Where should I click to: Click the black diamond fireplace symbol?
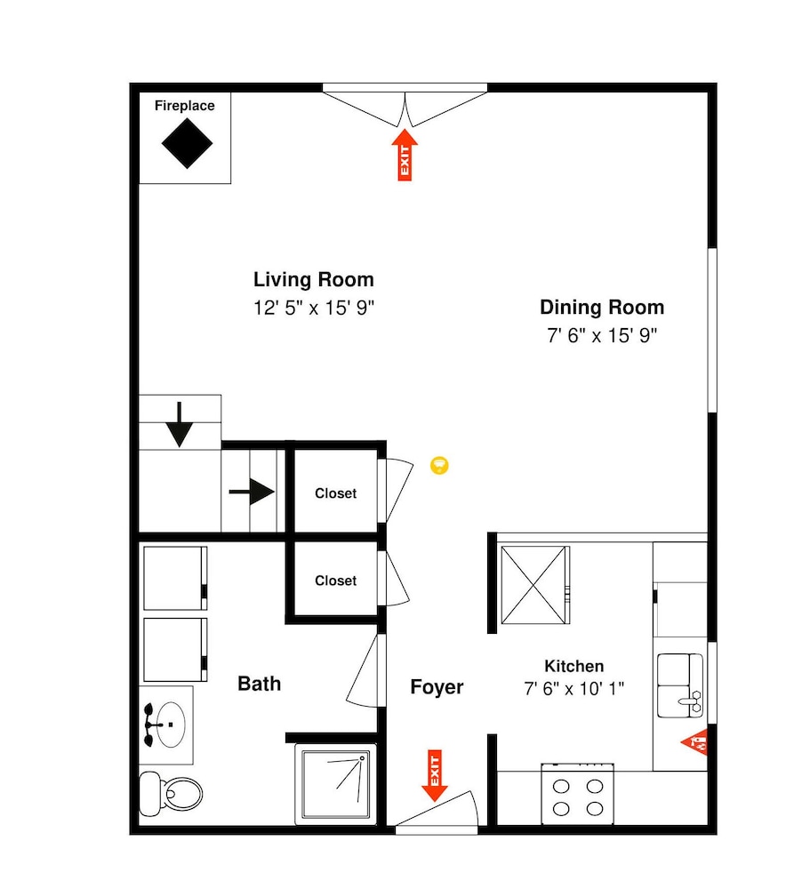pos(187,143)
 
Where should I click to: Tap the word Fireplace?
pos(184,106)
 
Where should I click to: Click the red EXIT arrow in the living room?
pos(405,155)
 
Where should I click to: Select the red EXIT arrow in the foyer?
pos(435,775)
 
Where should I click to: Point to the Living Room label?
pos(314,279)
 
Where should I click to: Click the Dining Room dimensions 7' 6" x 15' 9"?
pos(602,335)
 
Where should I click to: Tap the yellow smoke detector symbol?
pos(439,466)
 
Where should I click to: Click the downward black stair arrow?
pos(180,425)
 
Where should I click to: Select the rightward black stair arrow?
pos(252,492)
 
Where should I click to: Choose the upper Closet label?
pos(336,493)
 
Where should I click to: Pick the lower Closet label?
pos(336,581)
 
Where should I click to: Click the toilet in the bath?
pos(171,793)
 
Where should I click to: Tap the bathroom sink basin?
pos(170,725)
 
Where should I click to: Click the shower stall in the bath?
pos(336,785)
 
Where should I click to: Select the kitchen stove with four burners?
pos(577,794)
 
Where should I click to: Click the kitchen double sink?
pos(680,685)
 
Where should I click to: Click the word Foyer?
pos(437,687)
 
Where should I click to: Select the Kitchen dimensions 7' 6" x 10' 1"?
pos(574,688)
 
